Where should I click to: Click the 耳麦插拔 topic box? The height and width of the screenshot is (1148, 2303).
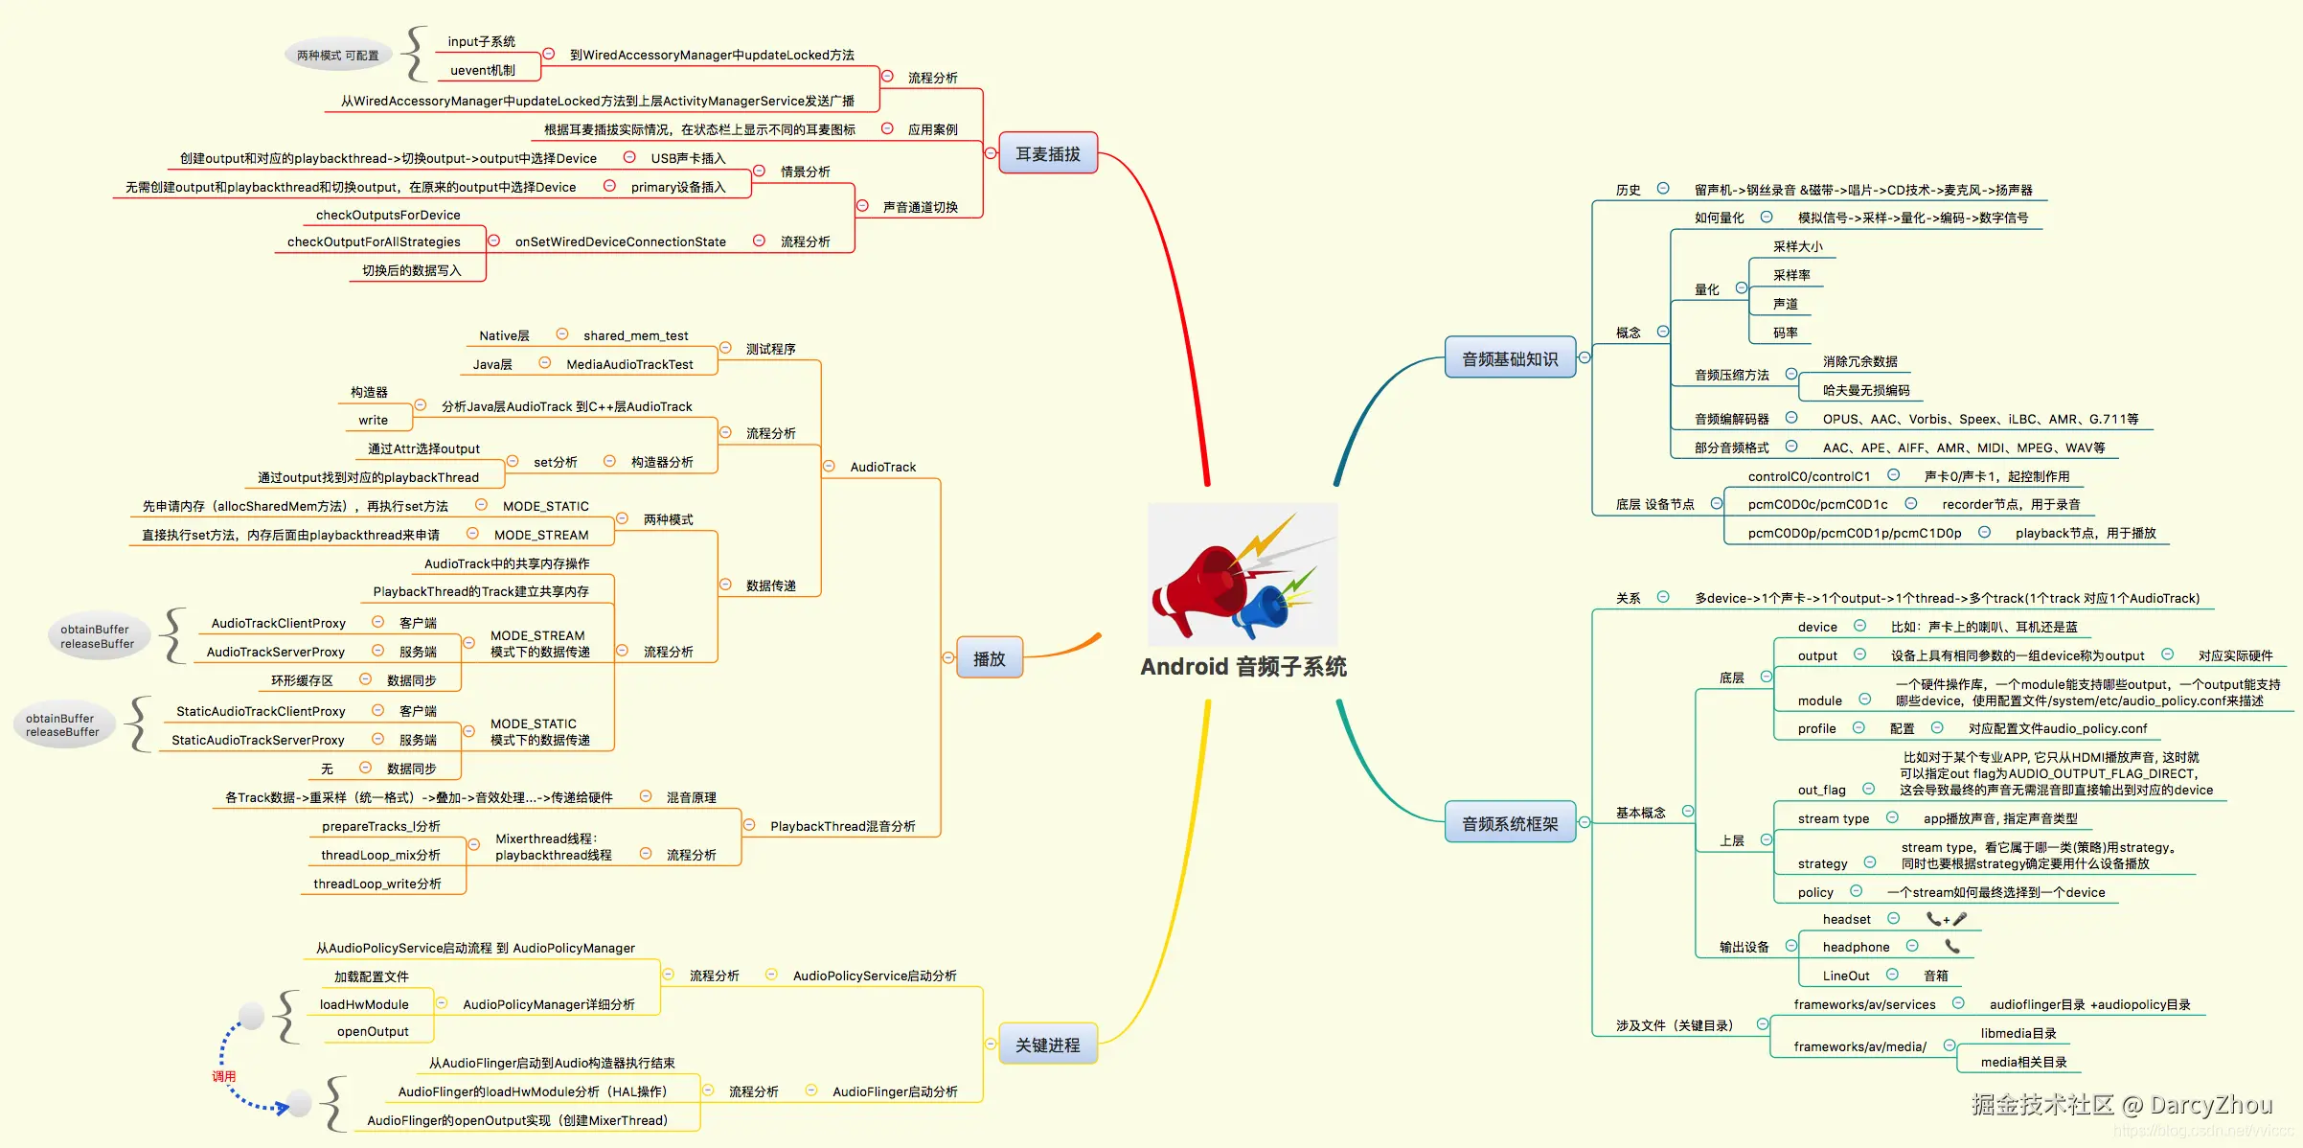click(1048, 153)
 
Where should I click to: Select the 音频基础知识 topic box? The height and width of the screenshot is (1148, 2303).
click(1510, 357)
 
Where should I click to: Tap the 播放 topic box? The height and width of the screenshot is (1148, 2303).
click(990, 657)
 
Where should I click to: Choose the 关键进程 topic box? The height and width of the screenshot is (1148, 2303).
click(1048, 1044)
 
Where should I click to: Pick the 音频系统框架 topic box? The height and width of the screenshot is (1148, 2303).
click(1510, 822)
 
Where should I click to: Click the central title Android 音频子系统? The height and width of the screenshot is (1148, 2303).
click(1243, 666)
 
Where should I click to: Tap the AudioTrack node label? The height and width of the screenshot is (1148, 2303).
click(883, 467)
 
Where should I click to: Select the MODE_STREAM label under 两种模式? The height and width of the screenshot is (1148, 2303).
click(541, 535)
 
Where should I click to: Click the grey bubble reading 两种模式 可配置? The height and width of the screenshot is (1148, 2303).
click(338, 55)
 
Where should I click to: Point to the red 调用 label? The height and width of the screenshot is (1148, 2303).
click(224, 1076)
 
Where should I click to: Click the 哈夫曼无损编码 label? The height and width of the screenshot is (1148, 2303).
click(1866, 390)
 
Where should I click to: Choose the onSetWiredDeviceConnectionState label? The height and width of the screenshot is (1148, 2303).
click(621, 241)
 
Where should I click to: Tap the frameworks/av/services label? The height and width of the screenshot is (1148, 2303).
click(1864, 1004)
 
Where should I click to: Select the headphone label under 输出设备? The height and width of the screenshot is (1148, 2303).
click(1856, 947)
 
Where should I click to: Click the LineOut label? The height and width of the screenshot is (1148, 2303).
click(1846, 976)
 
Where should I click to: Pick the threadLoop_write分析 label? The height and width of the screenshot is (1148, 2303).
click(377, 884)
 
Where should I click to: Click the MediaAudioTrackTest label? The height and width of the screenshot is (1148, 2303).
click(629, 364)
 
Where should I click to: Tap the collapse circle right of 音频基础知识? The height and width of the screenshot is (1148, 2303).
click(1585, 357)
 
